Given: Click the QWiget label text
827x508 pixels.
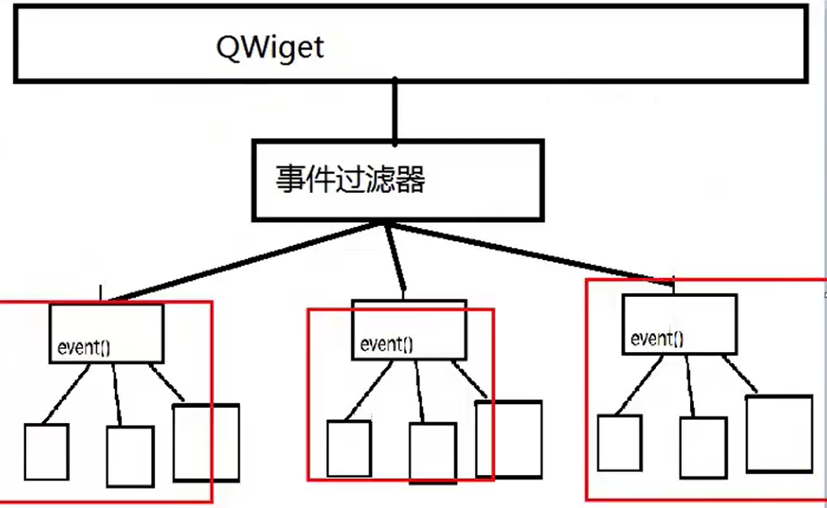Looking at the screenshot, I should (x=270, y=47).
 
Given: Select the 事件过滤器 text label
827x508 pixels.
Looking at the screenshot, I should (x=350, y=180).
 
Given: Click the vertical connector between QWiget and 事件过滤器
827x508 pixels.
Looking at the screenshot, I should (x=396, y=110).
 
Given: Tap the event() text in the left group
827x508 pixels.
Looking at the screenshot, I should (x=83, y=346).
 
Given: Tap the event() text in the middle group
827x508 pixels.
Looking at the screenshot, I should (x=386, y=344).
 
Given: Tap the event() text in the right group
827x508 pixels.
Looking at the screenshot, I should (x=658, y=339).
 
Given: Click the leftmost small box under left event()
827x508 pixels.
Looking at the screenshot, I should (x=46, y=451).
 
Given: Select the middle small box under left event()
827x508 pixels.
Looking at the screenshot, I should (x=130, y=456).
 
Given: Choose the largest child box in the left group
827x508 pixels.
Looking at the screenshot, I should (x=206, y=442).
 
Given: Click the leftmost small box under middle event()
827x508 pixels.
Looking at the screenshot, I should (x=349, y=448).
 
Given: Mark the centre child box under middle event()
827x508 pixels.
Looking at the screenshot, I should (x=432, y=452).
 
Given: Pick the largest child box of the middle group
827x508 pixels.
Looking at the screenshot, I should (x=509, y=439).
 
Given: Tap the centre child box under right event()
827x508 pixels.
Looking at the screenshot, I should (x=703, y=446).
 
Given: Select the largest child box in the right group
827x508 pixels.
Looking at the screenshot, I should (x=779, y=433).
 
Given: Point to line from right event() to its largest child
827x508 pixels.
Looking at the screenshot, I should (x=740, y=376).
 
